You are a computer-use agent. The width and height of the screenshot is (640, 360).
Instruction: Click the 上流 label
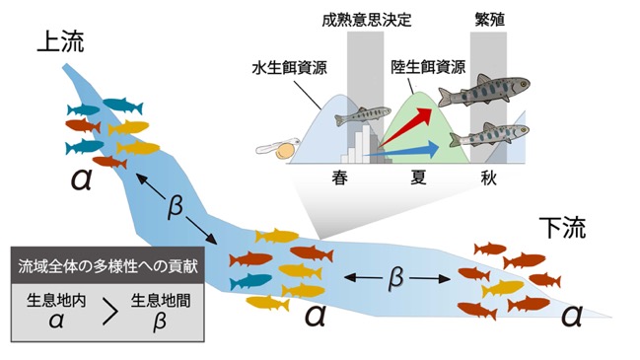point(60,42)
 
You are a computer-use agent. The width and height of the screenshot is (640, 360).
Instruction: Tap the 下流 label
point(562,228)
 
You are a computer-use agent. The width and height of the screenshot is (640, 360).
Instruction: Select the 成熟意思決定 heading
point(367,20)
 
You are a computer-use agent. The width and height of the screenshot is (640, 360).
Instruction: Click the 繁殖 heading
point(490,19)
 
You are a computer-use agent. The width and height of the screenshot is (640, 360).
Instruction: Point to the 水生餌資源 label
point(289,68)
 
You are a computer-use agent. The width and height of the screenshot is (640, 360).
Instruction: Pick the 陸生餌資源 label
point(428,67)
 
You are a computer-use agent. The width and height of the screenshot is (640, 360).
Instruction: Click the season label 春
point(339,178)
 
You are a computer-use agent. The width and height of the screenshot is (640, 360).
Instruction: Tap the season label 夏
point(418,178)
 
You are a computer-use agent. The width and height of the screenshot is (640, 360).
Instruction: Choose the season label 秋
point(488,178)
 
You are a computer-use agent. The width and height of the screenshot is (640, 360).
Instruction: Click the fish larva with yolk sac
point(278,149)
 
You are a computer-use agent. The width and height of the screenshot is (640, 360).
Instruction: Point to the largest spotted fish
point(484,90)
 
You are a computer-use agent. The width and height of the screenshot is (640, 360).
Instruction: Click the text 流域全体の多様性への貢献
point(107,266)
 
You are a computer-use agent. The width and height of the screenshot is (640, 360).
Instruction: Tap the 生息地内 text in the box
point(56,301)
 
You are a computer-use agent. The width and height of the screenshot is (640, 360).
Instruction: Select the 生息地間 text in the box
point(161,301)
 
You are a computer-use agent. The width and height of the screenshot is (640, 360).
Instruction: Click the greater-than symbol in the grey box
point(109,311)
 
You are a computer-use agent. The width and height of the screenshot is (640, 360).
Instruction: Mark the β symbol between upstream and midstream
point(175,206)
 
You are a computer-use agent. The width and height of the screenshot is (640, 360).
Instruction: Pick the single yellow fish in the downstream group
point(503,289)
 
